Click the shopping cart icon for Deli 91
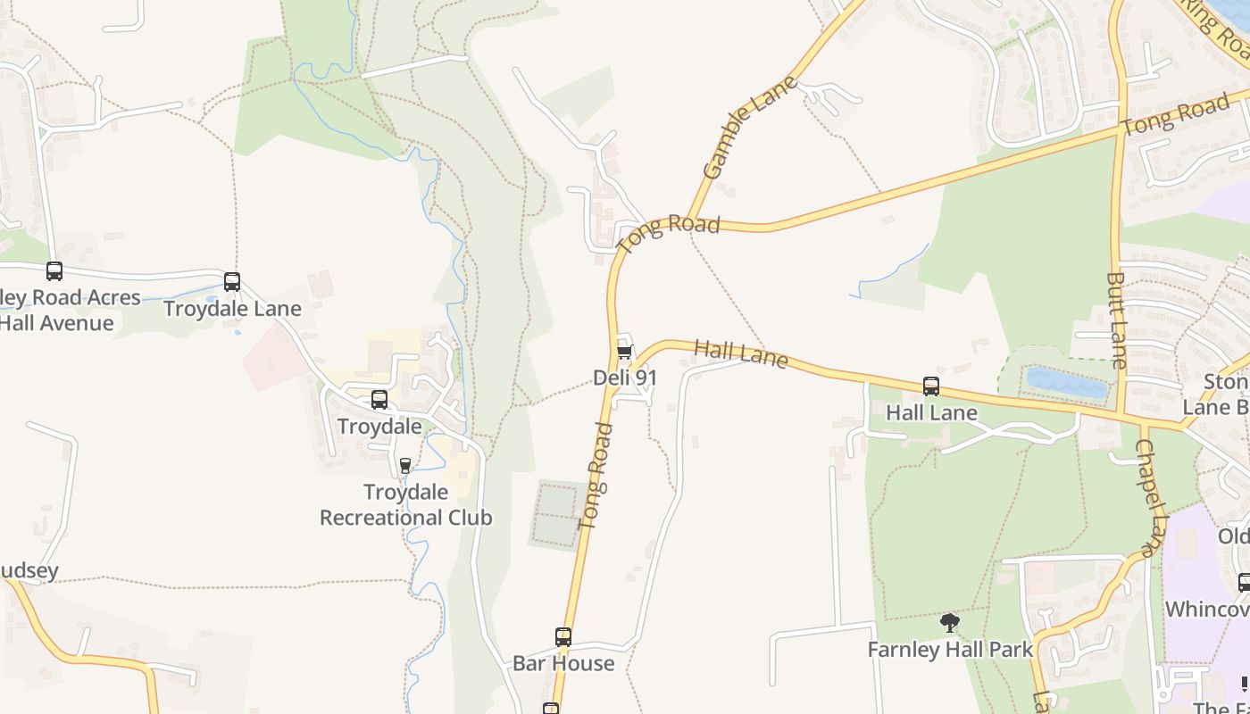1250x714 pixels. coord(625,353)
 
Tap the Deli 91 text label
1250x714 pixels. coord(625,378)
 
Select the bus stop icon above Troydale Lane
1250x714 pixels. coord(232,282)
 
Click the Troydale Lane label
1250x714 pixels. coord(232,309)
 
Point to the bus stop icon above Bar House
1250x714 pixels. coord(563,637)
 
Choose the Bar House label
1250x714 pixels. coord(563,663)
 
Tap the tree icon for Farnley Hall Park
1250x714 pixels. coord(950,623)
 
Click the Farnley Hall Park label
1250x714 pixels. coord(950,649)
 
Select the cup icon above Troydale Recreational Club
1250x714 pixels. coord(405,465)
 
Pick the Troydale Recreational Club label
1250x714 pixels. coord(406,504)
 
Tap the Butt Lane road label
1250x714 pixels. coord(1117,320)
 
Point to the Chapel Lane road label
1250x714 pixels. coord(1153,498)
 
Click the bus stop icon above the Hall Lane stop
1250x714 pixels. coord(931,386)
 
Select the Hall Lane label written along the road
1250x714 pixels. coord(740,354)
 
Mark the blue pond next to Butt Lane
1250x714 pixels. coord(1066,383)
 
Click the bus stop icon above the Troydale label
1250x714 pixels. coord(379,400)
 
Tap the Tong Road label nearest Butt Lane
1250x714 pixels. coord(1175,116)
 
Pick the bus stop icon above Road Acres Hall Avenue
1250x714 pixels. coord(54,271)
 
